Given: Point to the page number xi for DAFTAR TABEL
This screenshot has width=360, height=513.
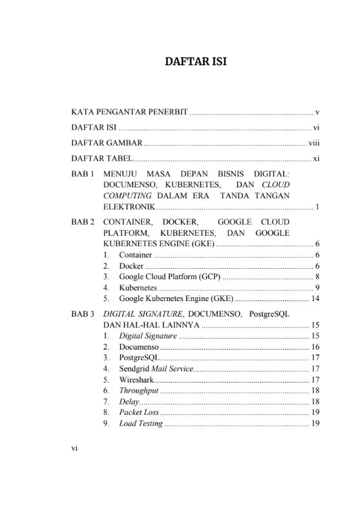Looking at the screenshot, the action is click(317, 158).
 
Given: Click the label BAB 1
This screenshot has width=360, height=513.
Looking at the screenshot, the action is click(83, 174).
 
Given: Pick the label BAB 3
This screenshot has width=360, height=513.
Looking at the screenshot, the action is click(83, 314).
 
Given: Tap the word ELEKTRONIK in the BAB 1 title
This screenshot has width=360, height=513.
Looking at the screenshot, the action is click(129, 207).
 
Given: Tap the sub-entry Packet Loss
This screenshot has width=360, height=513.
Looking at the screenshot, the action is click(138, 412).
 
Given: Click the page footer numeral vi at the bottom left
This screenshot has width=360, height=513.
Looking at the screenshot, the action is click(74, 453).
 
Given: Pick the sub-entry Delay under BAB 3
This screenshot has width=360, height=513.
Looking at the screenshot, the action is click(129, 401).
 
